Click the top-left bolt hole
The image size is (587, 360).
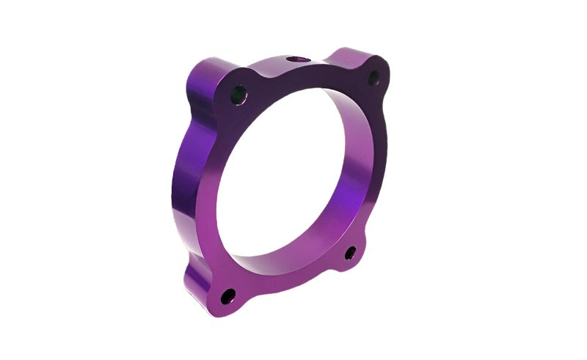(x=238, y=94)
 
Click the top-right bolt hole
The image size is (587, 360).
(x=373, y=77)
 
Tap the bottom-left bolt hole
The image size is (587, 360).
(x=229, y=295)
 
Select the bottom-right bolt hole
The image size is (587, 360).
(x=351, y=254)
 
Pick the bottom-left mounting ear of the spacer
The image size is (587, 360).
(x=224, y=297)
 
